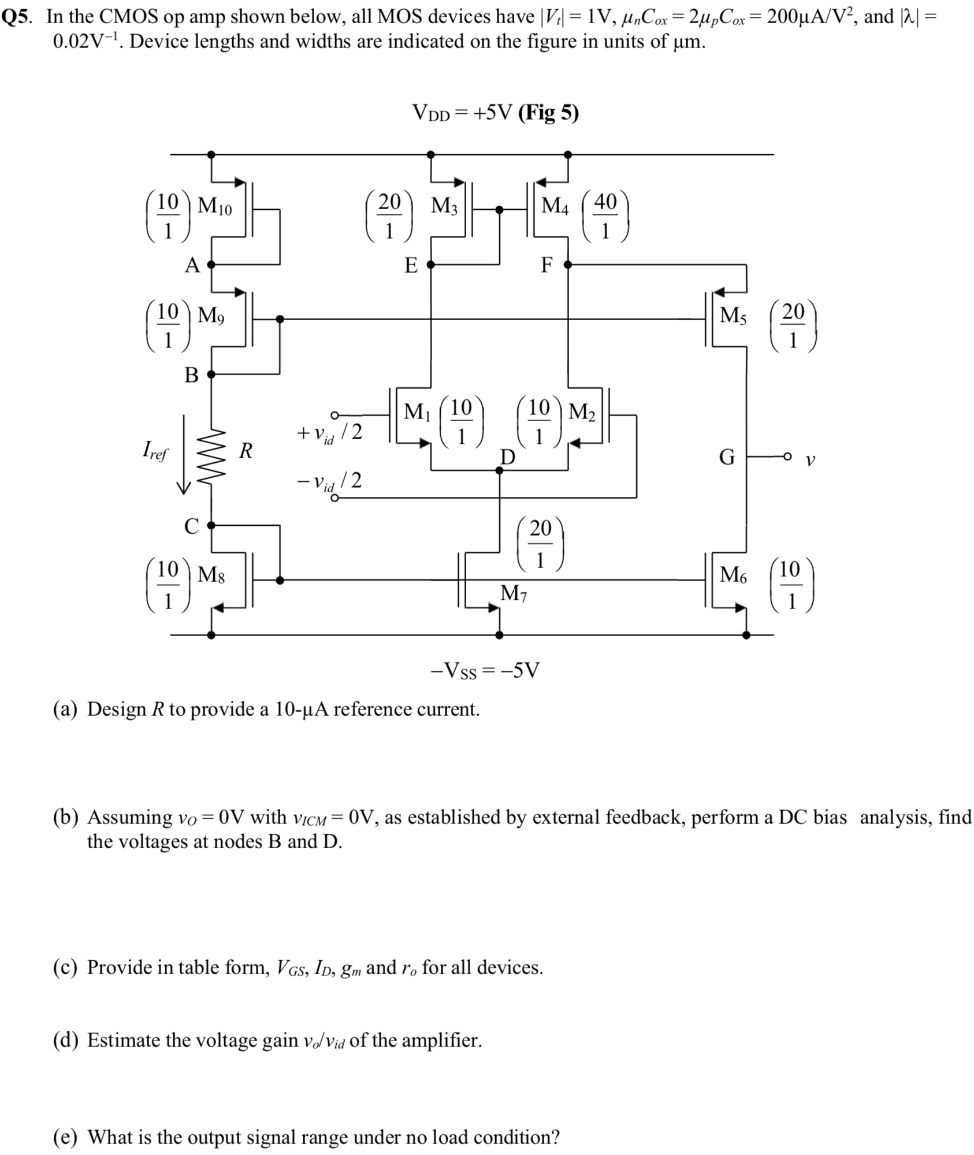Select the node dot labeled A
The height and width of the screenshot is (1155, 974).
(211, 265)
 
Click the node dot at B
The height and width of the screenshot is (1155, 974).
(211, 374)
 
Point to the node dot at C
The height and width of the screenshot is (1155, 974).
(211, 525)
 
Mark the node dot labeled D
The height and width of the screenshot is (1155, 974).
(500, 470)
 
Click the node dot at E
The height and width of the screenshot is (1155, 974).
(430, 265)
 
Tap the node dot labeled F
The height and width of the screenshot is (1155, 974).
(568, 265)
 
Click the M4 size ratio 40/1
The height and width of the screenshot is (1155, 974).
(605, 216)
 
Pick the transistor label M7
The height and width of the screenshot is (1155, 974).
(514, 593)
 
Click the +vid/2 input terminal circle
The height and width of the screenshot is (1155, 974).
(334, 415)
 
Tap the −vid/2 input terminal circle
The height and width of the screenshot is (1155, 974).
(334, 497)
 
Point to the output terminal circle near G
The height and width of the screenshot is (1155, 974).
(787, 457)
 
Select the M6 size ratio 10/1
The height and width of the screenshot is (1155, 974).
(792, 585)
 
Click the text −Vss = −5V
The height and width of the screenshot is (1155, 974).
(485, 670)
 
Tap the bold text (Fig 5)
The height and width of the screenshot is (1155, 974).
(548, 113)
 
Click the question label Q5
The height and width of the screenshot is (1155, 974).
(16, 17)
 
